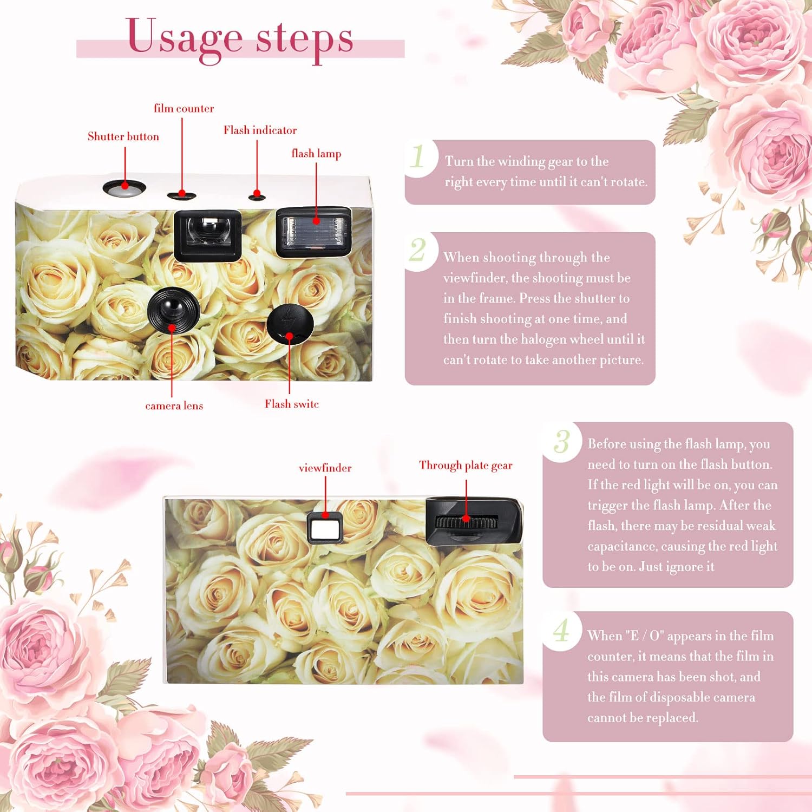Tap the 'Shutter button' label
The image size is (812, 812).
click(x=123, y=136)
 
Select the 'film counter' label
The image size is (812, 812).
click(x=184, y=108)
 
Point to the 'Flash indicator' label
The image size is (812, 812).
click(x=260, y=130)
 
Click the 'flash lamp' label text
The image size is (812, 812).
click(x=317, y=154)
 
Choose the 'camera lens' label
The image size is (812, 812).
click(x=174, y=405)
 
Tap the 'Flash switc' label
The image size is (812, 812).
click(x=292, y=404)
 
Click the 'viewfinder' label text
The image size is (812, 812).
click(x=325, y=468)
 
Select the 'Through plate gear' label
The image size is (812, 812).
click(x=466, y=466)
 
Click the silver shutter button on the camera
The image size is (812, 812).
click(x=125, y=188)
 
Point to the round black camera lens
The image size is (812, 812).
click(x=173, y=310)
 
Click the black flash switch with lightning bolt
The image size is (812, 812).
click(x=290, y=324)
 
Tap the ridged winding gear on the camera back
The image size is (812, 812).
click(x=466, y=522)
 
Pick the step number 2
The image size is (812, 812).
click(x=417, y=250)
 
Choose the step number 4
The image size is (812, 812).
click(x=562, y=630)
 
